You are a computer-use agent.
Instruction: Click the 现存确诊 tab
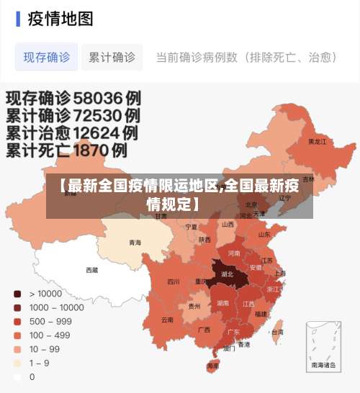pos(47,57)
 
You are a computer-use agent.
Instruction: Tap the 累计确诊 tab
pos(112,57)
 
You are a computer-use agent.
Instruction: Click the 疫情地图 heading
pos(60,19)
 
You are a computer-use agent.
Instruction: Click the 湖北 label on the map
pos(227,274)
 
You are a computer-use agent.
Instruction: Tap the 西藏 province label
pos(92,270)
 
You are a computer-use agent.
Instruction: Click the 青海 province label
pos(135,243)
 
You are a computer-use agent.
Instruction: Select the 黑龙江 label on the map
pos(317,141)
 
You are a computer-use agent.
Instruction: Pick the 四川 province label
pos(174,282)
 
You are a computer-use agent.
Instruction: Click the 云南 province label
pos(167,319)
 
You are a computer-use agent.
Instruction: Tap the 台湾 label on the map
pos(276,332)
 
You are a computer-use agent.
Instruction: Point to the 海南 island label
pos(213,366)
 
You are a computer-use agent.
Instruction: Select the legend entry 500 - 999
pos(50,321)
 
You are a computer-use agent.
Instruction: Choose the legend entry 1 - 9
pos(39,363)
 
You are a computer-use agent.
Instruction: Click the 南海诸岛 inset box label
pos(323,366)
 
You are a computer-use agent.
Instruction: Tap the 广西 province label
pos(204,330)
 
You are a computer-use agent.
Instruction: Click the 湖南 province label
pos(222,303)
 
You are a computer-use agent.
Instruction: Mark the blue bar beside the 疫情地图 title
pos(18,19)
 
